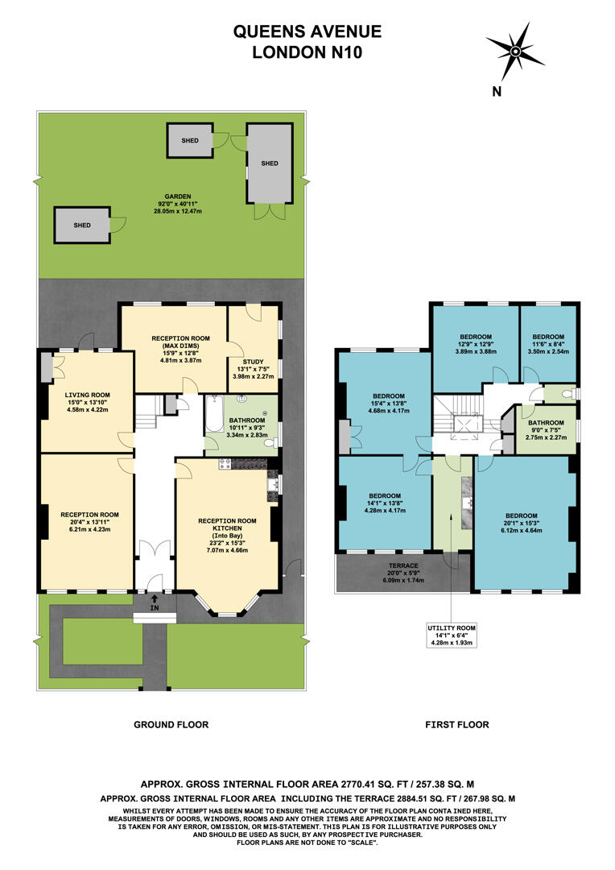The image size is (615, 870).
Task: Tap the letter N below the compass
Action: point(497,92)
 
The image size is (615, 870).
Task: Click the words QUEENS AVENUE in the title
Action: point(307,32)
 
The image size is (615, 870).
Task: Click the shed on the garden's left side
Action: point(81,226)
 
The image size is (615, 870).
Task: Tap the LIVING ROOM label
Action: point(86,395)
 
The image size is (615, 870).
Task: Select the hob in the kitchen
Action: point(225,465)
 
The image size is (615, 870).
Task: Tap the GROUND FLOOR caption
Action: point(171,725)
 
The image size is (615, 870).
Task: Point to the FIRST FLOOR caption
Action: point(456,725)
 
